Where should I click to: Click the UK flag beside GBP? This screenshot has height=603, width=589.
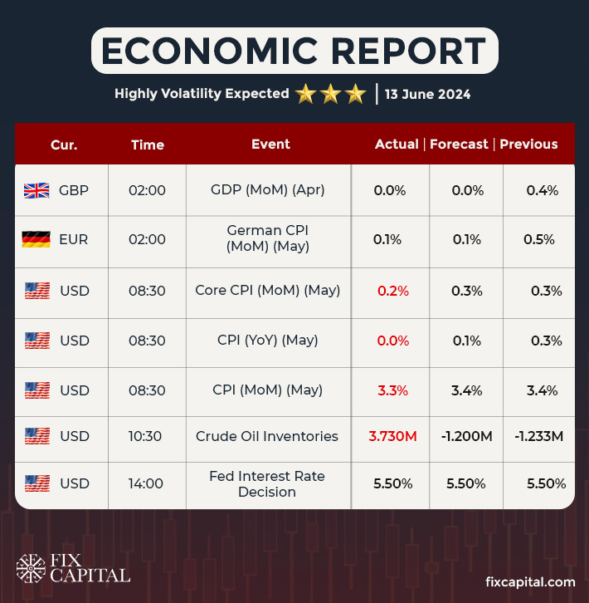[37, 190]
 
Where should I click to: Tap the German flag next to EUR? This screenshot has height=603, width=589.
[37, 240]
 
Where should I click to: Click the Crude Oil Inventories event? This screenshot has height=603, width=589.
[267, 437]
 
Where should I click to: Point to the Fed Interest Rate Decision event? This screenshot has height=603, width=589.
[267, 484]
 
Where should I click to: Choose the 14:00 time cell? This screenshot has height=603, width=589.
[147, 484]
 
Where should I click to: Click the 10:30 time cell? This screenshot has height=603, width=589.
[147, 437]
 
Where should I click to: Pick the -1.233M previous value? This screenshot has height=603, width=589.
[538, 437]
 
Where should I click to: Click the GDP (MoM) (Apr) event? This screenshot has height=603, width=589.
[267, 190]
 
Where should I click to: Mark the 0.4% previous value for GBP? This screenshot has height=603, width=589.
[543, 190]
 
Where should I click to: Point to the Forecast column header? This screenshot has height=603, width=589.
[459, 145]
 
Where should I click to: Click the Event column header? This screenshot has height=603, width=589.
[270, 145]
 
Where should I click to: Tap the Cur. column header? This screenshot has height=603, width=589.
[64, 145]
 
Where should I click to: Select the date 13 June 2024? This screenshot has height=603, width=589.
[428, 94]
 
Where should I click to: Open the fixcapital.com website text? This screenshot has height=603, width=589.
[530, 582]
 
